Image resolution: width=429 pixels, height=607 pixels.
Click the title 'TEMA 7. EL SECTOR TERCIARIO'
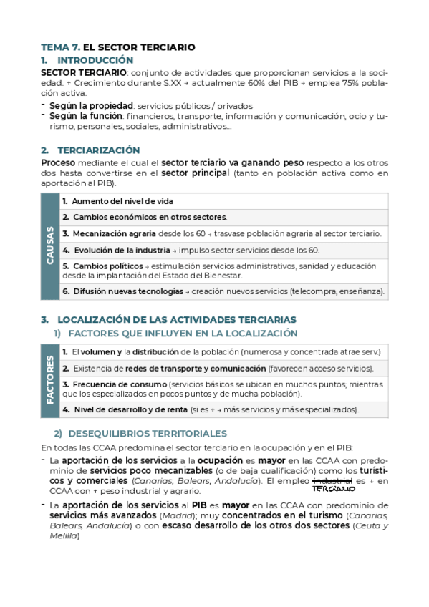(117, 47)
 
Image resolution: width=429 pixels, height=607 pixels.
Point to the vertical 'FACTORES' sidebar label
(50, 380)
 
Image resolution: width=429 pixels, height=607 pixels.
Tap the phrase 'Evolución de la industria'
(119, 250)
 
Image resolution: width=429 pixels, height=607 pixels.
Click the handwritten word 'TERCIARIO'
(334, 490)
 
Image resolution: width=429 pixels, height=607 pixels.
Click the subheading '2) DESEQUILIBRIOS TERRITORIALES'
(141, 434)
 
